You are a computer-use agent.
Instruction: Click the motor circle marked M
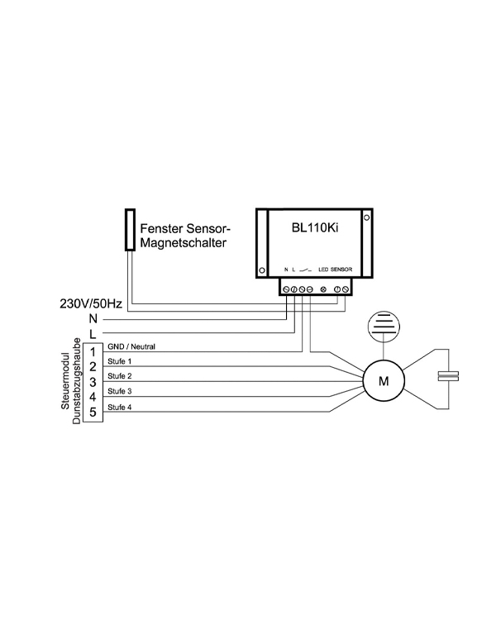pos(382,381)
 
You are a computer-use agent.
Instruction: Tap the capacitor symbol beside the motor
pos(447,376)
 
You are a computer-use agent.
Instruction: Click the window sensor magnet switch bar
pos(130,229)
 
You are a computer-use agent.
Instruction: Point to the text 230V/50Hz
pos(92,304)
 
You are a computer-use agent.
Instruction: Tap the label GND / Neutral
pos(131,346)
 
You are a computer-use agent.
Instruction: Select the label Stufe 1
pos(120,361)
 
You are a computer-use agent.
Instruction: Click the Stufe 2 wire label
pos(120,376)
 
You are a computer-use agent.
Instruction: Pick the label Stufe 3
pos(120,390)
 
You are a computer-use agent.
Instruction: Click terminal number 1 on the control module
pos(93,352)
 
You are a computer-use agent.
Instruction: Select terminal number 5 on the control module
pos(93,412)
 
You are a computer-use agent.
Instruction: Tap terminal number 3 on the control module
pos(93,382)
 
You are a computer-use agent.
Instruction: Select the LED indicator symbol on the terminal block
pos(323,288)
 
